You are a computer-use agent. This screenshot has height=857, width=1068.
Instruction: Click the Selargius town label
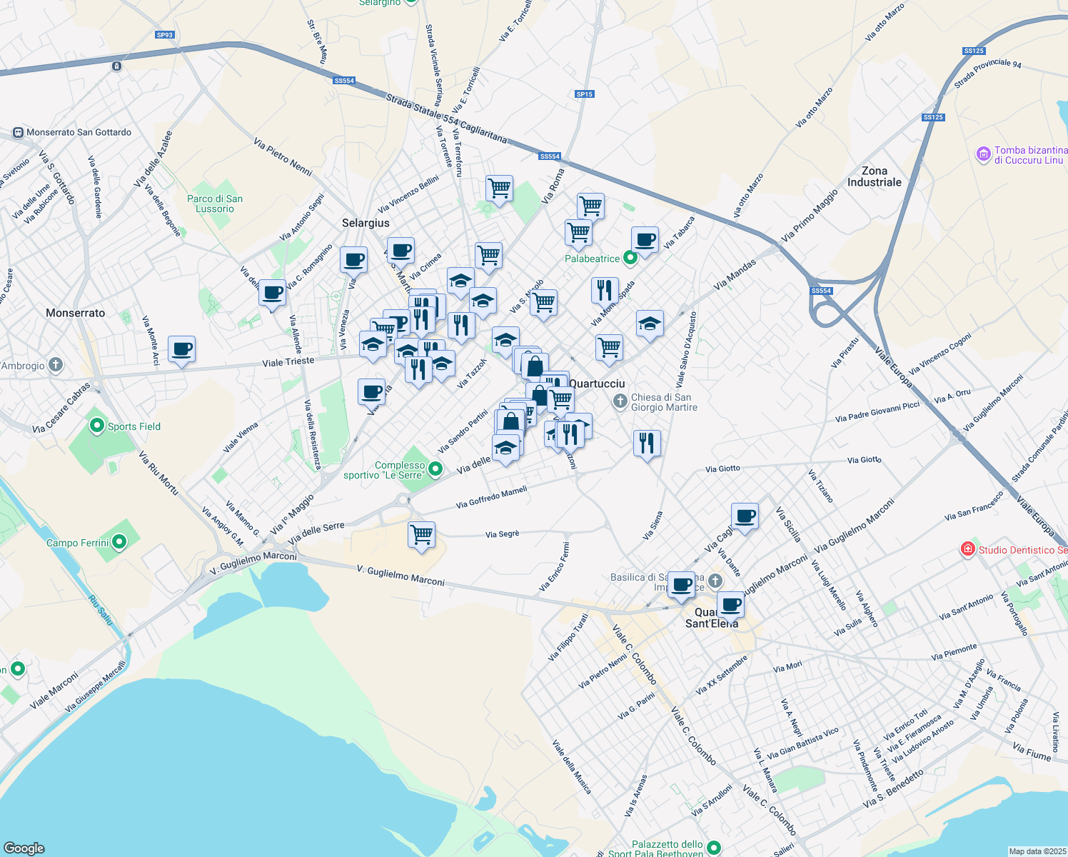pyautogui.click(x=366, y=223)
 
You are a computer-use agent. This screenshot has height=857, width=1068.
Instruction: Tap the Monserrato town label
pyautogui.click(x=75, y=313)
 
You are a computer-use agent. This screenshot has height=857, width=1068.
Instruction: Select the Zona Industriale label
pyautogui.click(x=874, y=176)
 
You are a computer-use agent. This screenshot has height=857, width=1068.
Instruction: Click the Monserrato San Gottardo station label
pyautogui.click(x=79, y=132)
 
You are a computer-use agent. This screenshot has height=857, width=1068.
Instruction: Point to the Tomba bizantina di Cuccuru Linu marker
pyautogui.click(x=983, y=154)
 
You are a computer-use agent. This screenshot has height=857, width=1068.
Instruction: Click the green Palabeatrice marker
pyautogui.click(x=630, y=258)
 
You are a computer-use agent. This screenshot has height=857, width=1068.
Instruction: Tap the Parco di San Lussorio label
pyautogui.click(x=215, y=204)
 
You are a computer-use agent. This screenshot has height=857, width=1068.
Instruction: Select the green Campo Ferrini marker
pyautogui.click(x=119, y=543)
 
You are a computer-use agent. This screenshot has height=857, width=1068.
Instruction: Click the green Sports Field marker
pyautogui.click(x=97, y=426)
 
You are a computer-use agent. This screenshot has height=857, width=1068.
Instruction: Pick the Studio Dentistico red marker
pyautogui.click(x=968, y=549)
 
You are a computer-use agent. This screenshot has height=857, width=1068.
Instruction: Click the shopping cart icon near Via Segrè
pyautogui.click(x=421, y=533)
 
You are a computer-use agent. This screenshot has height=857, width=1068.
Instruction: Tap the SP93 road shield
pyautogui.click(x=164, y=34)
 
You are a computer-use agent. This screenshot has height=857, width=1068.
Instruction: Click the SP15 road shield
pyautogui.click(x=584, y=94)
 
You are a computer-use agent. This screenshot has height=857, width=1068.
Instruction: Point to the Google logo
pyautogui.click(x=24, y=848)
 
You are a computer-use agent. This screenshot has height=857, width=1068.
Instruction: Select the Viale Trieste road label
pyautogui.click(x=288, y=362)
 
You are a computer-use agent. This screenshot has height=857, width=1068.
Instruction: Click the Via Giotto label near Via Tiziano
pyautogui.click(x=864, y=460)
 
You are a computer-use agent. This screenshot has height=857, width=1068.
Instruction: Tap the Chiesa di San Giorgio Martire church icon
pyautogui.click(x=620, y=402)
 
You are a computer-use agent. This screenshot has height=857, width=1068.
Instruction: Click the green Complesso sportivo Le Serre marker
pyautogui.click(x=435, y=469)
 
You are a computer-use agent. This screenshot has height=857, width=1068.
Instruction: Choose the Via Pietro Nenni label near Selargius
pyautogui.click(x=283, y=156)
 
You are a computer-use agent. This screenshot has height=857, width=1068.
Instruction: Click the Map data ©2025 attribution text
pyautogui.click(x=1037, y=851)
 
